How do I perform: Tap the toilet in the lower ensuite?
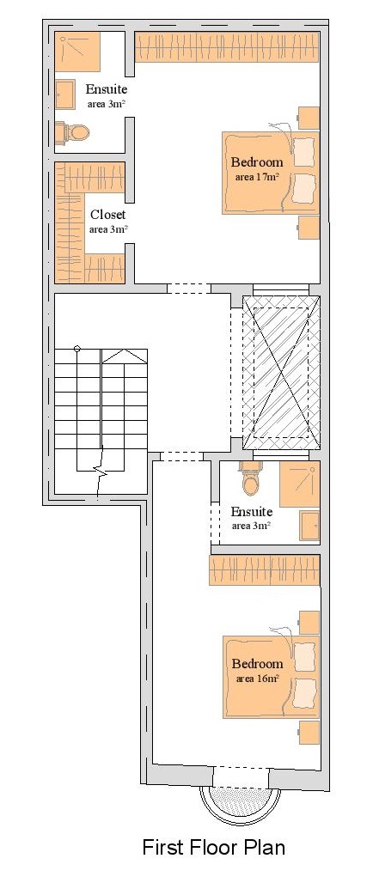coord(249,480)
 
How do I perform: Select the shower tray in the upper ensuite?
coord(77,52)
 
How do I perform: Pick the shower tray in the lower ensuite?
coord(299,484)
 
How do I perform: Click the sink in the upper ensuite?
coord(65,94)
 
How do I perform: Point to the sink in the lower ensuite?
coord(309,526)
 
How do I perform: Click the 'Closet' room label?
coord(108,216)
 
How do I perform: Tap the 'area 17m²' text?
coord(257,177)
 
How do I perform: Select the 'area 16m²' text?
coord(258,679)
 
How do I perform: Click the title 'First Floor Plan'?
coord(214,847)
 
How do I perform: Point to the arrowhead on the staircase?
coord(125,356)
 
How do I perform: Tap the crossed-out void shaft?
coord(281,373)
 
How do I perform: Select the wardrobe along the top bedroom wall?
coord(227,46)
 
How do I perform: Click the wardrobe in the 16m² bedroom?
coord(264,569)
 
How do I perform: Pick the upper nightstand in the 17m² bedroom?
coord(309,119)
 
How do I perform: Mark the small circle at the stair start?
coord(77,349)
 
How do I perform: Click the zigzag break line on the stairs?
coord(102,473)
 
